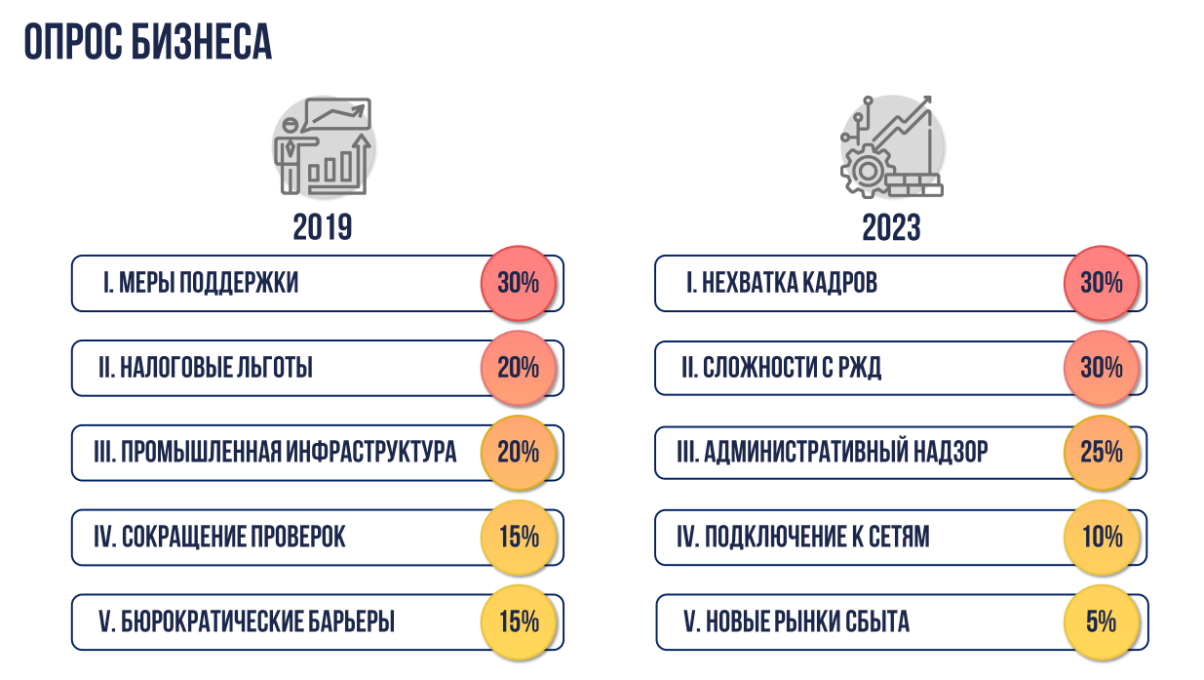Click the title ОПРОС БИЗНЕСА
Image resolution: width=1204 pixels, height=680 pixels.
tap(148, 42)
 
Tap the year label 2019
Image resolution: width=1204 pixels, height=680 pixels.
tap(323, 227)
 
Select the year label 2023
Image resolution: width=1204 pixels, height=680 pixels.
tap(891, 227)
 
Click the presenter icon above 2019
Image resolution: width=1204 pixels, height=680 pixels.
tap(323, 145)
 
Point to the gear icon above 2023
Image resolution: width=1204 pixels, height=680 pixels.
tap(866, 170)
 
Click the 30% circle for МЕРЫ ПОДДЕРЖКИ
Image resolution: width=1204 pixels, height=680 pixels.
tap(518, 283)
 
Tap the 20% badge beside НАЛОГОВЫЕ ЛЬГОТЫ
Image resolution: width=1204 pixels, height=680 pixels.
tap(518, 368)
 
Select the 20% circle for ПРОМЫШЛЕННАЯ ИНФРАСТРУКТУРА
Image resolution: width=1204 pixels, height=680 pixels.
tap(518, 453)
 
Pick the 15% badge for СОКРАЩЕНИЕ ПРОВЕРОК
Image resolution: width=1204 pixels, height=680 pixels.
tap(518, 537)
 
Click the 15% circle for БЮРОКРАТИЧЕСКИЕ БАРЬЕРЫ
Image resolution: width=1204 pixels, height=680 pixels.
tap(518, 621)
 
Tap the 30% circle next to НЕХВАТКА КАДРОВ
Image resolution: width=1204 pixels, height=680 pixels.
tap(1102, 283)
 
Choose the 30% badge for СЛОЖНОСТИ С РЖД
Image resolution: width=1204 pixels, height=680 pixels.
tap(1102, 368)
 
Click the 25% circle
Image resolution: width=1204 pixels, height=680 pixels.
tap(1102, 453)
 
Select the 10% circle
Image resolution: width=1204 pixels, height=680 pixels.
tap(1102, 537)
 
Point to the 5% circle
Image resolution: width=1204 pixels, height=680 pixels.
tap(1102, 621)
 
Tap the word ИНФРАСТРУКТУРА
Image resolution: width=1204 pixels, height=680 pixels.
tap(370, 452)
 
